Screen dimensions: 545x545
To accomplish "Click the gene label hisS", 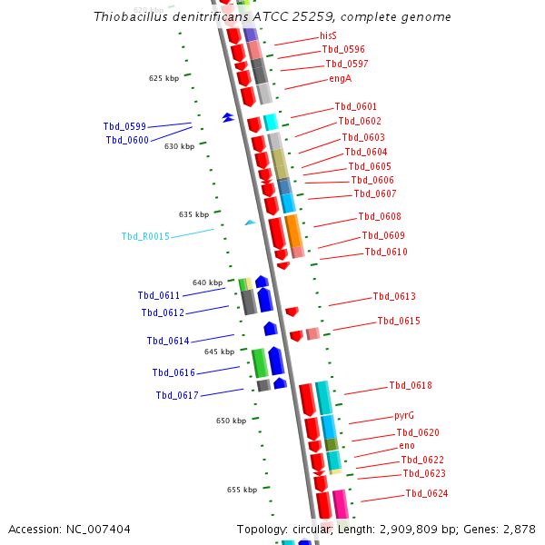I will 328,35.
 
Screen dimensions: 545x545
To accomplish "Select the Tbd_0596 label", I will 343,50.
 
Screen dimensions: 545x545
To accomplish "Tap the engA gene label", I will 340,79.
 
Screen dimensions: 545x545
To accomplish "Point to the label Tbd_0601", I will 355,107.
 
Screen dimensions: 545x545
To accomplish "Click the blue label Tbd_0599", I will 124,127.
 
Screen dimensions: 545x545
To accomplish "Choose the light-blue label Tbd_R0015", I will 145,237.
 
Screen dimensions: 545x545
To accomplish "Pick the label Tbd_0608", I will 379,217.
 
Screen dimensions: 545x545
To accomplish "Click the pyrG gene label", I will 404,415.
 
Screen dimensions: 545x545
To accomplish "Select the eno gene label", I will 407,446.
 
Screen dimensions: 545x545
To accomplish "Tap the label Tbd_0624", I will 426,494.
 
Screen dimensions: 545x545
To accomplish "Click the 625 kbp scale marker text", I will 164,79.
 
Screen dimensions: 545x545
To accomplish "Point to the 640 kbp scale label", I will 207,283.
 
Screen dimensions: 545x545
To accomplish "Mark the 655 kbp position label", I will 242,490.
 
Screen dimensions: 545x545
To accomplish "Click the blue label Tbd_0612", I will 163,313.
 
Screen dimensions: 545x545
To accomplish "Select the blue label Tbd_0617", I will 176,396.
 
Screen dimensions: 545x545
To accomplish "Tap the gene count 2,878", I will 520,529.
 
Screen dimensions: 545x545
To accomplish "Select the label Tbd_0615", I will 399,322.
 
